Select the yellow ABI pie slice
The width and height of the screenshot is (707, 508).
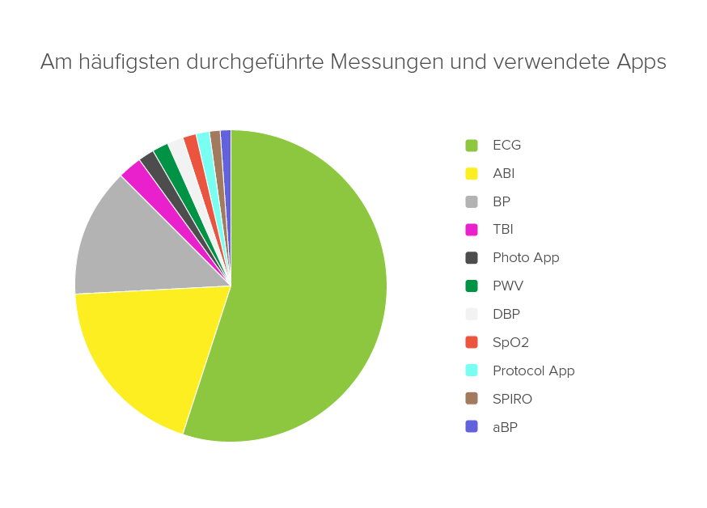(154, 348)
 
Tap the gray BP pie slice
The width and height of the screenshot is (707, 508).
(129, 243)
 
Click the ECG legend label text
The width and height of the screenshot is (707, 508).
(506, 146)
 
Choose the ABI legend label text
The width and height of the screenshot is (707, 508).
(503, 173)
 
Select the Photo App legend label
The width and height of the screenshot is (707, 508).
(526, 258)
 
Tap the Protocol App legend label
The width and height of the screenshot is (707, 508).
(533, 370)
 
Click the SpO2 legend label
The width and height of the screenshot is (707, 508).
(510, 342)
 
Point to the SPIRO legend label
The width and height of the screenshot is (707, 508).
(512, 399)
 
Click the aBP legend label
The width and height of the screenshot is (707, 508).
(505, 427)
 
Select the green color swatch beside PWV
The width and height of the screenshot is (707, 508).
(472, 286)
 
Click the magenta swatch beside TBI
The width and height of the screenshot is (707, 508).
(472, 230)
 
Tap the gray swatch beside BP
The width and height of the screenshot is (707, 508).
(472, 201)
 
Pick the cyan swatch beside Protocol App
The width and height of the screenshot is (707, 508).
(472, 370)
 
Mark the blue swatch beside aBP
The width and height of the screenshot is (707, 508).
(472, 426)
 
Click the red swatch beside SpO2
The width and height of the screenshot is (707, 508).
(472, 342)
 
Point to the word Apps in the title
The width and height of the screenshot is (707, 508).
(641, 62)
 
